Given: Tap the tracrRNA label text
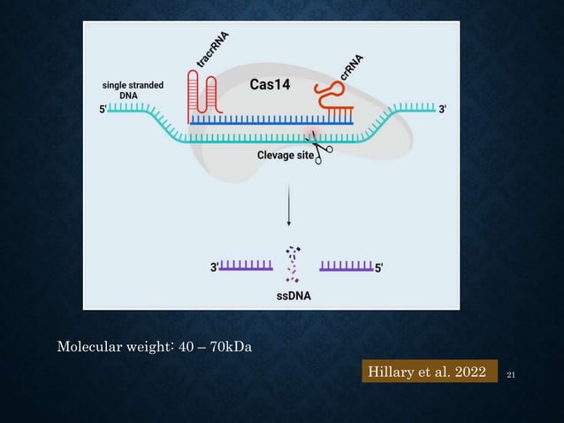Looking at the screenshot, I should [213, 48].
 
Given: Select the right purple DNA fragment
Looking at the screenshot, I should [347, 266].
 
